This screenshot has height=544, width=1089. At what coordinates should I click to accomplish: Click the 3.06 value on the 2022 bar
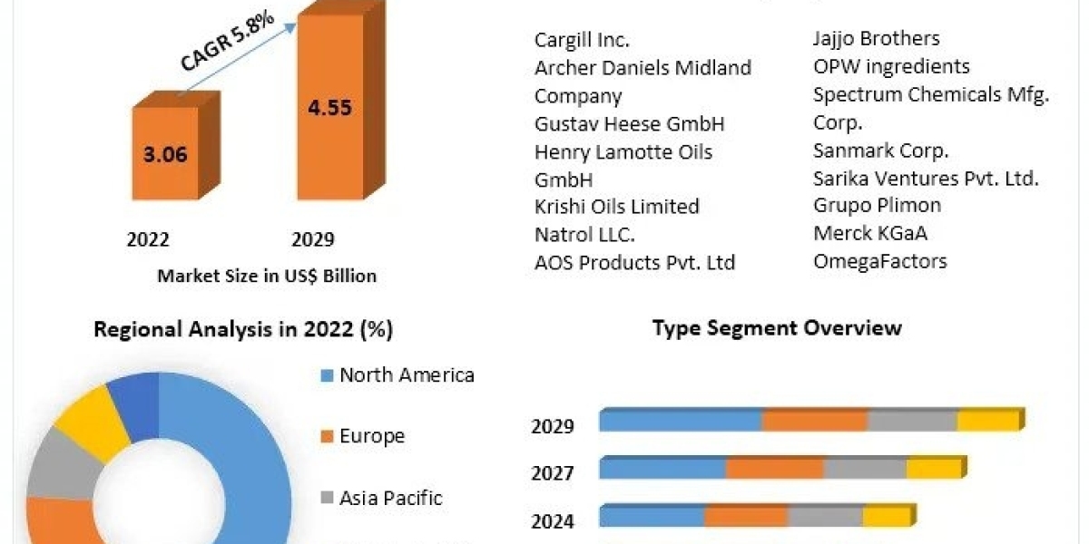(x=165, y=154)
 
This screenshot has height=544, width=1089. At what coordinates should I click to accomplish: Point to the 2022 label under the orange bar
(x=148, y=239)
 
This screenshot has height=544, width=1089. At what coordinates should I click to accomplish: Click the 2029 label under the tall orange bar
(x=313, y=239)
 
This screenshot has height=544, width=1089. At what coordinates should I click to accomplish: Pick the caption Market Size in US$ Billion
(x=267, y=276)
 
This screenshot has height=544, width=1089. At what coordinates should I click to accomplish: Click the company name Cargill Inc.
(x=582, y=40)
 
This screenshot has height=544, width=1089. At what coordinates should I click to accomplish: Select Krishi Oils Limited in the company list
(x=617, y=207)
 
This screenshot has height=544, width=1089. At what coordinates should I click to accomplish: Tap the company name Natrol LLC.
(x=584, y=234)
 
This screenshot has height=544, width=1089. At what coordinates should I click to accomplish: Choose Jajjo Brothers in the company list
(x=877, y=38)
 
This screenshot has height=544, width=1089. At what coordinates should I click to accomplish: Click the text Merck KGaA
(x=870, y=233)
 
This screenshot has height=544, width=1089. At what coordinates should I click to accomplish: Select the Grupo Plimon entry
(x=878, y=205)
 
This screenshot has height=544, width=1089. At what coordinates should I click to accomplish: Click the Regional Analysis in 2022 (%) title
(x=243, y=329)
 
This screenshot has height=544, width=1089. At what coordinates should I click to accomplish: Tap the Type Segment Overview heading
(x=777, y=327)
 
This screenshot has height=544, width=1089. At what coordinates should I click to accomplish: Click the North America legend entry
(x=406, y=375)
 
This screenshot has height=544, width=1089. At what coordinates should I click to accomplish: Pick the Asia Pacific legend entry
(x=390, y=498)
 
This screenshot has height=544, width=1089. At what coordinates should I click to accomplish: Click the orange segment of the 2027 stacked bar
(x=774, y=468)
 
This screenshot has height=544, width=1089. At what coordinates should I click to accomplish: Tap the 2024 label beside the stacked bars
(x=553, y=521)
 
